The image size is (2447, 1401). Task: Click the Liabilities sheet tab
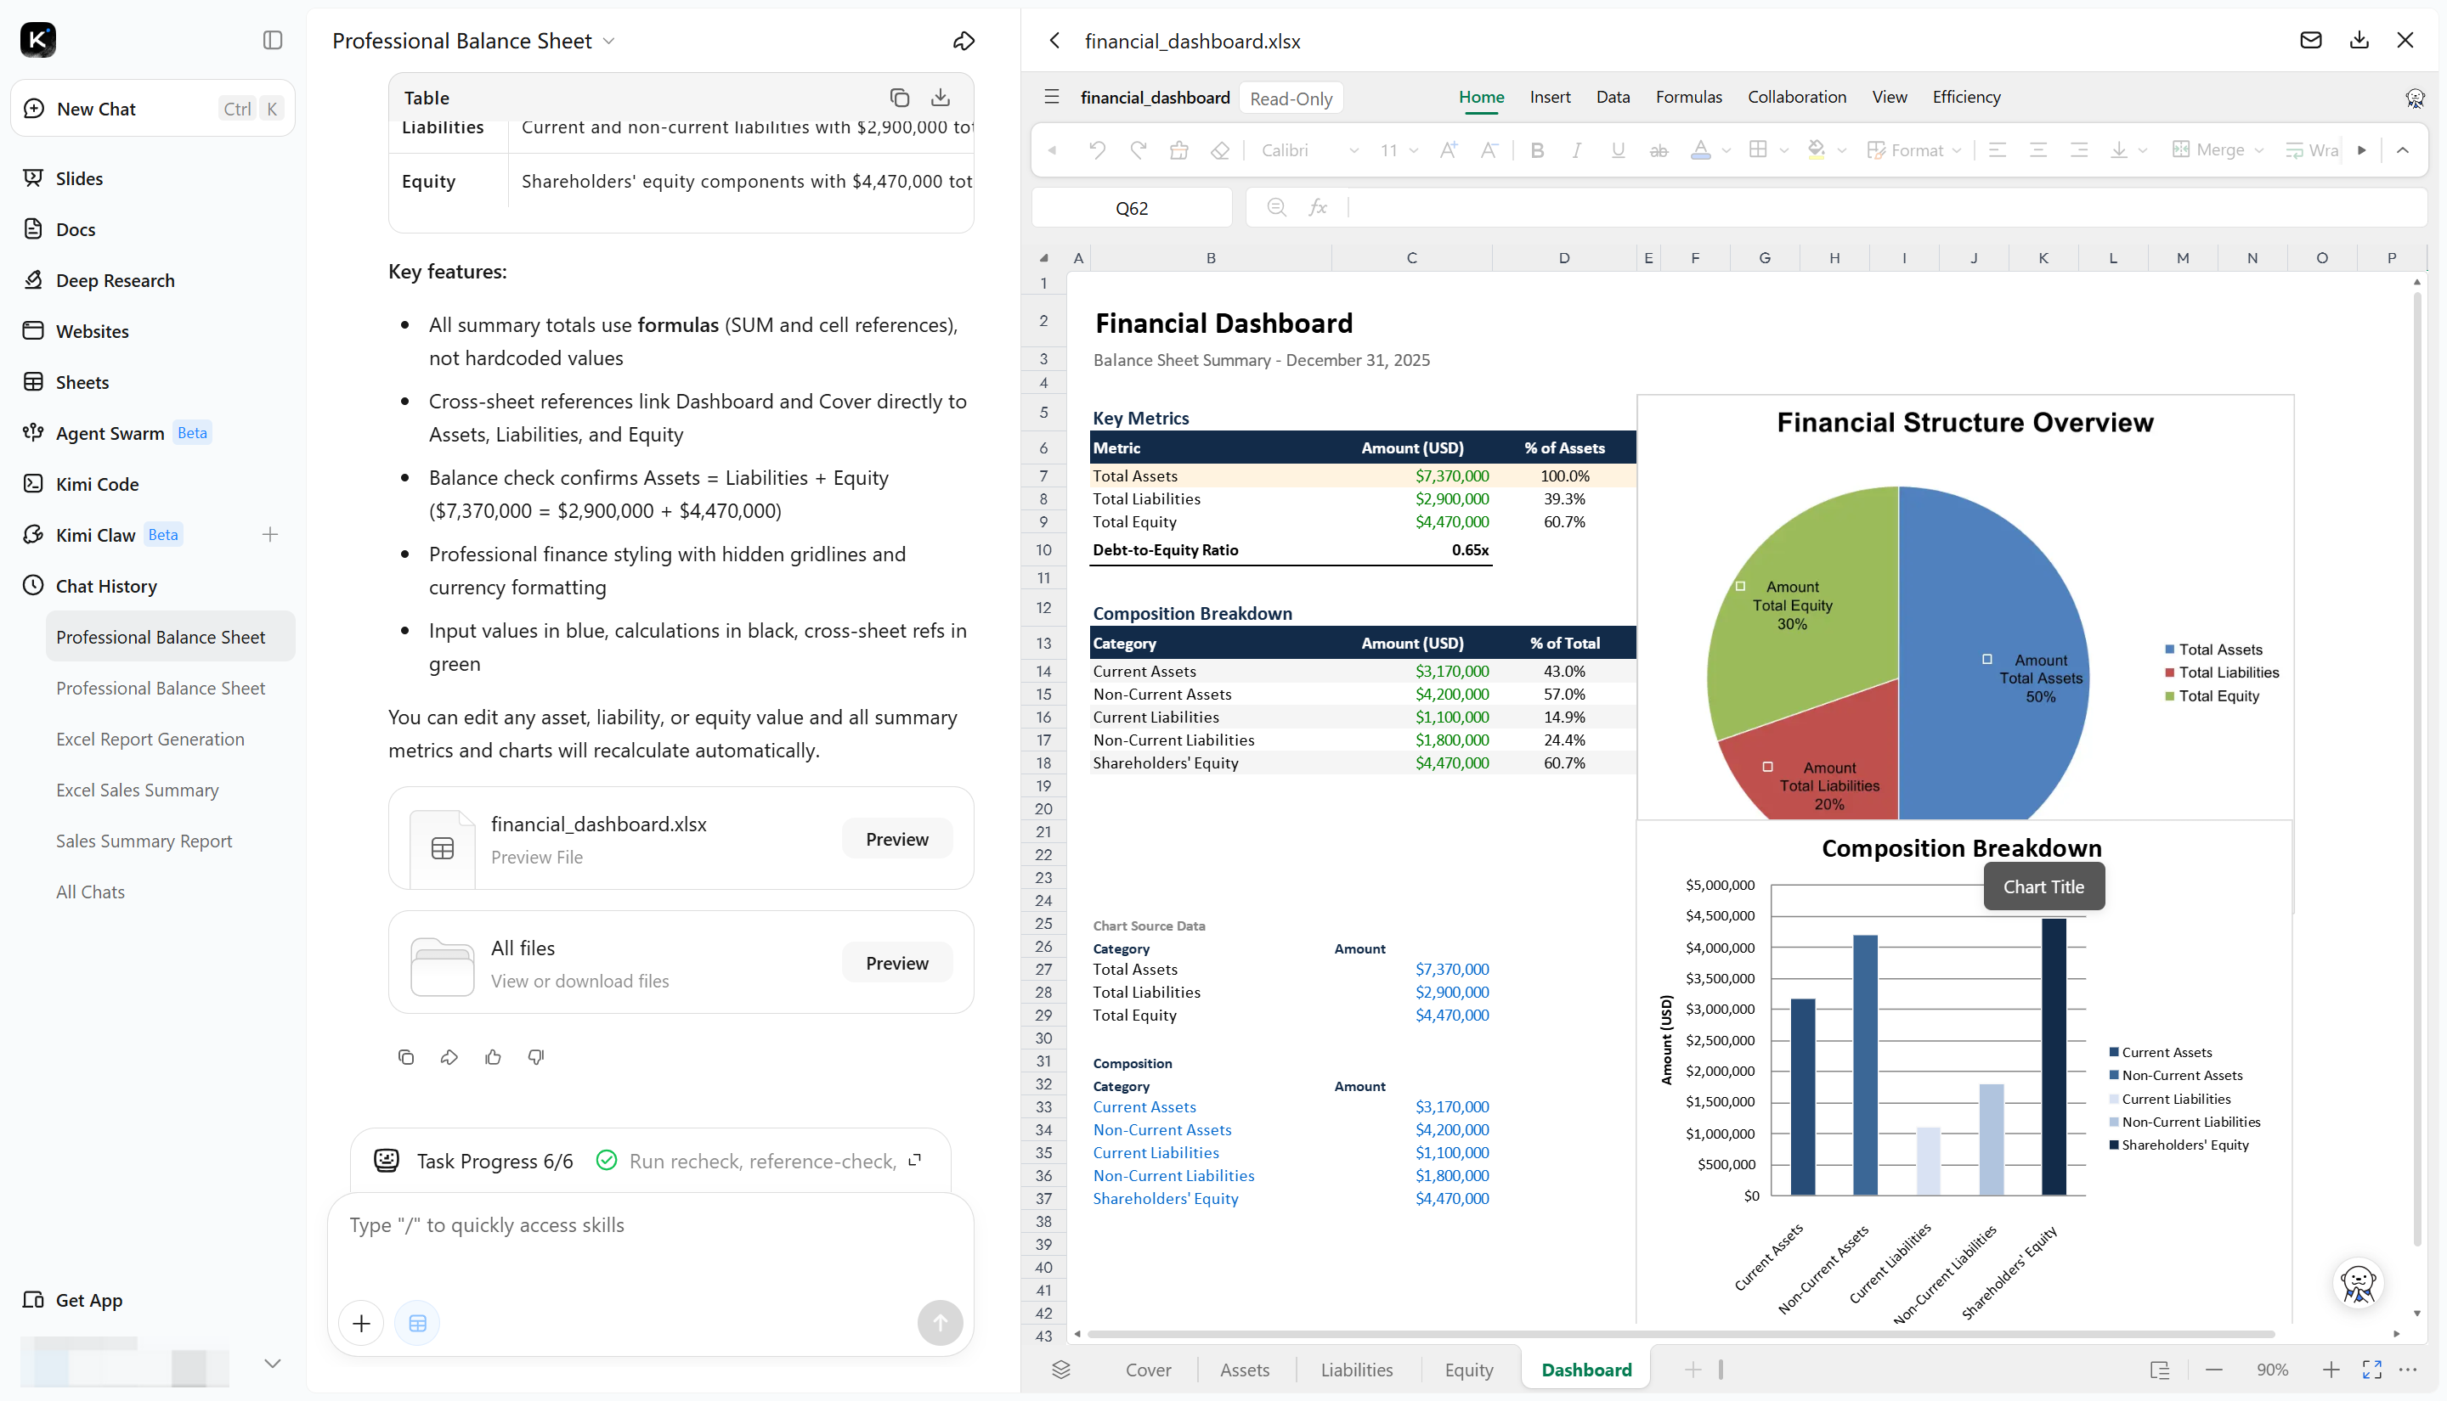(1355, 1370)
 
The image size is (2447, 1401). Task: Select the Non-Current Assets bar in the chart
(1865, 1064)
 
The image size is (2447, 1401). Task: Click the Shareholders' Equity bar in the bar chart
(2054, 1056)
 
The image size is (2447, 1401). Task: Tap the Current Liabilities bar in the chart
(1927, 1161)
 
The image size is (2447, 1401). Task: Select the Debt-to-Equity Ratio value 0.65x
(1469, 550)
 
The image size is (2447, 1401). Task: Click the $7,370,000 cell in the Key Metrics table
(1452, 475)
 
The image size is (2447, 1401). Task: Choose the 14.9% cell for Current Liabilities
(1564, 717)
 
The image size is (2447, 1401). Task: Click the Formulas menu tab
(1688, 97)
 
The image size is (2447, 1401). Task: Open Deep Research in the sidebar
(115, 280)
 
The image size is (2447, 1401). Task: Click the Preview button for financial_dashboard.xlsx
(896, 839)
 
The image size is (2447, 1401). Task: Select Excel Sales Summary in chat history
(137, 790)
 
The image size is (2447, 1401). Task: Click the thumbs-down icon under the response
(536, 1056)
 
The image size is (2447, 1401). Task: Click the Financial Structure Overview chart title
(1964, 422)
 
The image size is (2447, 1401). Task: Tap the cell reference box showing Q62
(1132, 208)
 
